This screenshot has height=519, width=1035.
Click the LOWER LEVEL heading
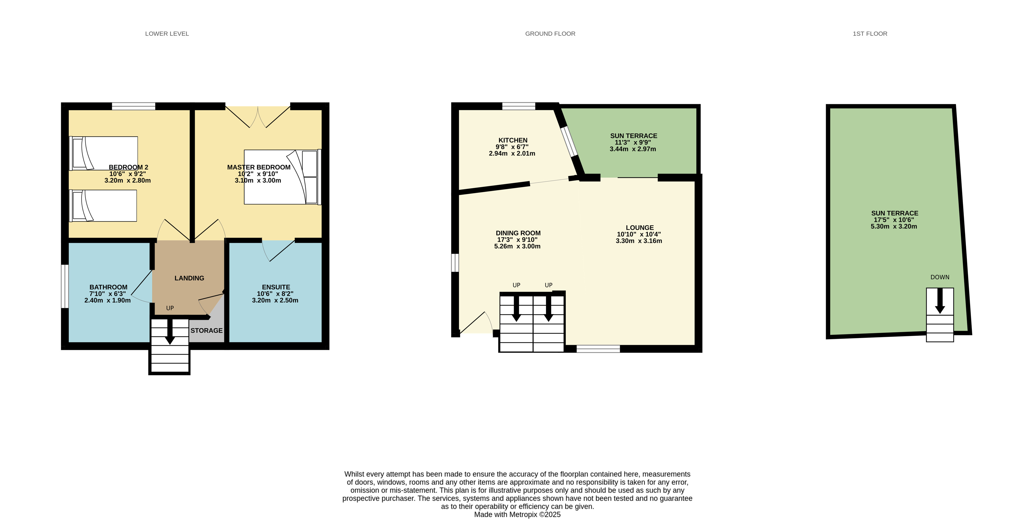tap(167, 34)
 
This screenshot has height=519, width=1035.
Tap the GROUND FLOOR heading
tap(550, 34)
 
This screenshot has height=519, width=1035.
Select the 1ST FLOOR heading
tap(870, 34)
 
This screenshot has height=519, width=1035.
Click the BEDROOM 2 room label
tap(128, 167)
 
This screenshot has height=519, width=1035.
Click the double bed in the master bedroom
tap(281, 177)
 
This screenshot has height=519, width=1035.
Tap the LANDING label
tap(189, 278)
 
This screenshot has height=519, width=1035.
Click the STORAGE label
tap(207, 330)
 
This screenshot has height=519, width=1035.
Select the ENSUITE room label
tap(276, 287)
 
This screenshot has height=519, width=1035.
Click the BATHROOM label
tap(108, 287)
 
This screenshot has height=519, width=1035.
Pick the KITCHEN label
tap(513, 140)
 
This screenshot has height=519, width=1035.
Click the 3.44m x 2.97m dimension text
tap(633, 149)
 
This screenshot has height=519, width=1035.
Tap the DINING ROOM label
tap(518, 233)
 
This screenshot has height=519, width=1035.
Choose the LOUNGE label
tap(640, 228)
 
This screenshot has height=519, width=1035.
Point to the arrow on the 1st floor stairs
tap(940, 301)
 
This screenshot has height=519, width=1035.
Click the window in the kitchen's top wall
tap(518, 106)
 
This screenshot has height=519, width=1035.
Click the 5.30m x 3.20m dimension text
tap(894, 226)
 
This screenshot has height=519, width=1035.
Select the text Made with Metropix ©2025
tap(517, 515)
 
